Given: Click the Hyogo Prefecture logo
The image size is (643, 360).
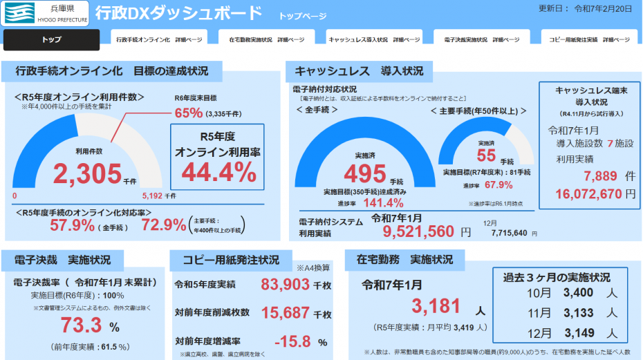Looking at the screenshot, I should click(x=45, y=14).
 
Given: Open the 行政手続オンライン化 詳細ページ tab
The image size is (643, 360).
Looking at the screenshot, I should click(x=159, y=40).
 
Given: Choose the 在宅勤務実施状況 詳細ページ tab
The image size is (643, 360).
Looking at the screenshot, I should click(x=266, y=40).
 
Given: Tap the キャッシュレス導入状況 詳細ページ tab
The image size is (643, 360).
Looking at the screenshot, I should click(x=373, y=40).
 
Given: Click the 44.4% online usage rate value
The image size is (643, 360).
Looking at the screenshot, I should click(x=218, y=171).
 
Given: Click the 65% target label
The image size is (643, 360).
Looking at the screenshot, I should click(x=189, y=113).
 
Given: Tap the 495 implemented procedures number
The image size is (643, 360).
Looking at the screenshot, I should click(x=369, y=173).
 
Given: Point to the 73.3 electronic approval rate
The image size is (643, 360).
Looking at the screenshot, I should click(x=82, y=325).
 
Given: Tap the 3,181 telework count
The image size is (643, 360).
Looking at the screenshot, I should click(x=436, y=306).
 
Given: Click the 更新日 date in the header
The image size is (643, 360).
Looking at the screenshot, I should click(x=584, y=9).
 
